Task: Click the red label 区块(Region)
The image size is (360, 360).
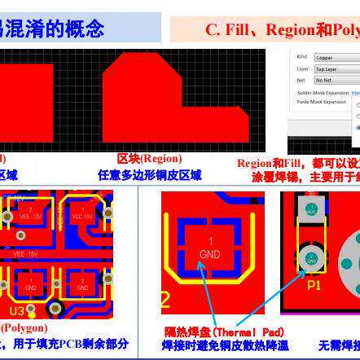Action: (x=149, y=160)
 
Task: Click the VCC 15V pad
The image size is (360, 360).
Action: (x=81, y=215)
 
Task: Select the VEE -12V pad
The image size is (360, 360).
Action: (x=29, y=215)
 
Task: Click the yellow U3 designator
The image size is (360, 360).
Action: (x=17, y=311)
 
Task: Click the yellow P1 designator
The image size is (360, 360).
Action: (x=314, y=286)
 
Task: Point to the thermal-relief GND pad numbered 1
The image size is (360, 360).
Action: (x=209, y=248)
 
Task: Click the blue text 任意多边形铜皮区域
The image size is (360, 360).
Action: (x=150, y=175)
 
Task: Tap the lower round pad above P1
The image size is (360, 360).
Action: (x=311, y=259)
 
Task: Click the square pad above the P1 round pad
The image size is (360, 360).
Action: (x=311, y=209)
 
